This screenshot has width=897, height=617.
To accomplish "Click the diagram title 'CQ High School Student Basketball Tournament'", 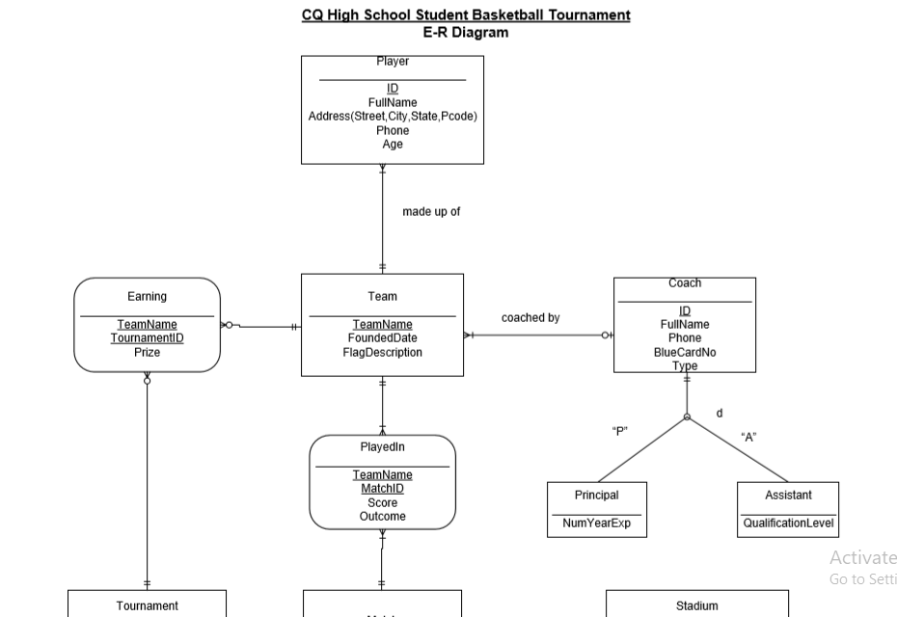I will tap(466, 15).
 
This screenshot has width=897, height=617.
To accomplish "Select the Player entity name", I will tap(393, 62).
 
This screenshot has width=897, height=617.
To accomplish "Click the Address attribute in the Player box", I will tap(393, 117).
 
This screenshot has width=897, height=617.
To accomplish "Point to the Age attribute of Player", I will tap(393, 145).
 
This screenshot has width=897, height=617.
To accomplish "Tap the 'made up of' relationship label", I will tap(431, 212).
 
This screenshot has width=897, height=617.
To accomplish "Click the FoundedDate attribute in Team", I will tap(382, 338).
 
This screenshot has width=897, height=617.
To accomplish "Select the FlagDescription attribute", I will tap(382, 353).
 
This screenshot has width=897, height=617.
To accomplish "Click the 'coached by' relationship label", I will tap(530, 318).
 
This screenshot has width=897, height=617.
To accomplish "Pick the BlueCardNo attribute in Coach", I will tap(685, 353).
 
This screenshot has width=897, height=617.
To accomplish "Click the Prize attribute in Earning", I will tap(147, 353).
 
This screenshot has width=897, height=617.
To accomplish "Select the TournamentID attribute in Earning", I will tap(147, 338).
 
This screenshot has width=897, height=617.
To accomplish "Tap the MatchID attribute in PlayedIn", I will tap(382, 489).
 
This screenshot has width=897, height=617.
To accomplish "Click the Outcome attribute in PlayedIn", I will tap(382, 517).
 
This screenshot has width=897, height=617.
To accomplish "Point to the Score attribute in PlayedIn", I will tap(382, 503).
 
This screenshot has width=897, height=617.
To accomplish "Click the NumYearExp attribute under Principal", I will tap(597, 523).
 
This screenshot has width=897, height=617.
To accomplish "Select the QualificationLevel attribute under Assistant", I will tap(788, 523).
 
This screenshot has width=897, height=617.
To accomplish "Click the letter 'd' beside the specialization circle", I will tap(720, 414).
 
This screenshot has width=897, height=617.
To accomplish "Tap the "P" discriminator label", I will tap(620, 431).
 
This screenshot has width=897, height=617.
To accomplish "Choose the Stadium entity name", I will tap(696, 606).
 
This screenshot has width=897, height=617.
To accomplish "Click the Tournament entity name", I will tap(147, 606).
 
